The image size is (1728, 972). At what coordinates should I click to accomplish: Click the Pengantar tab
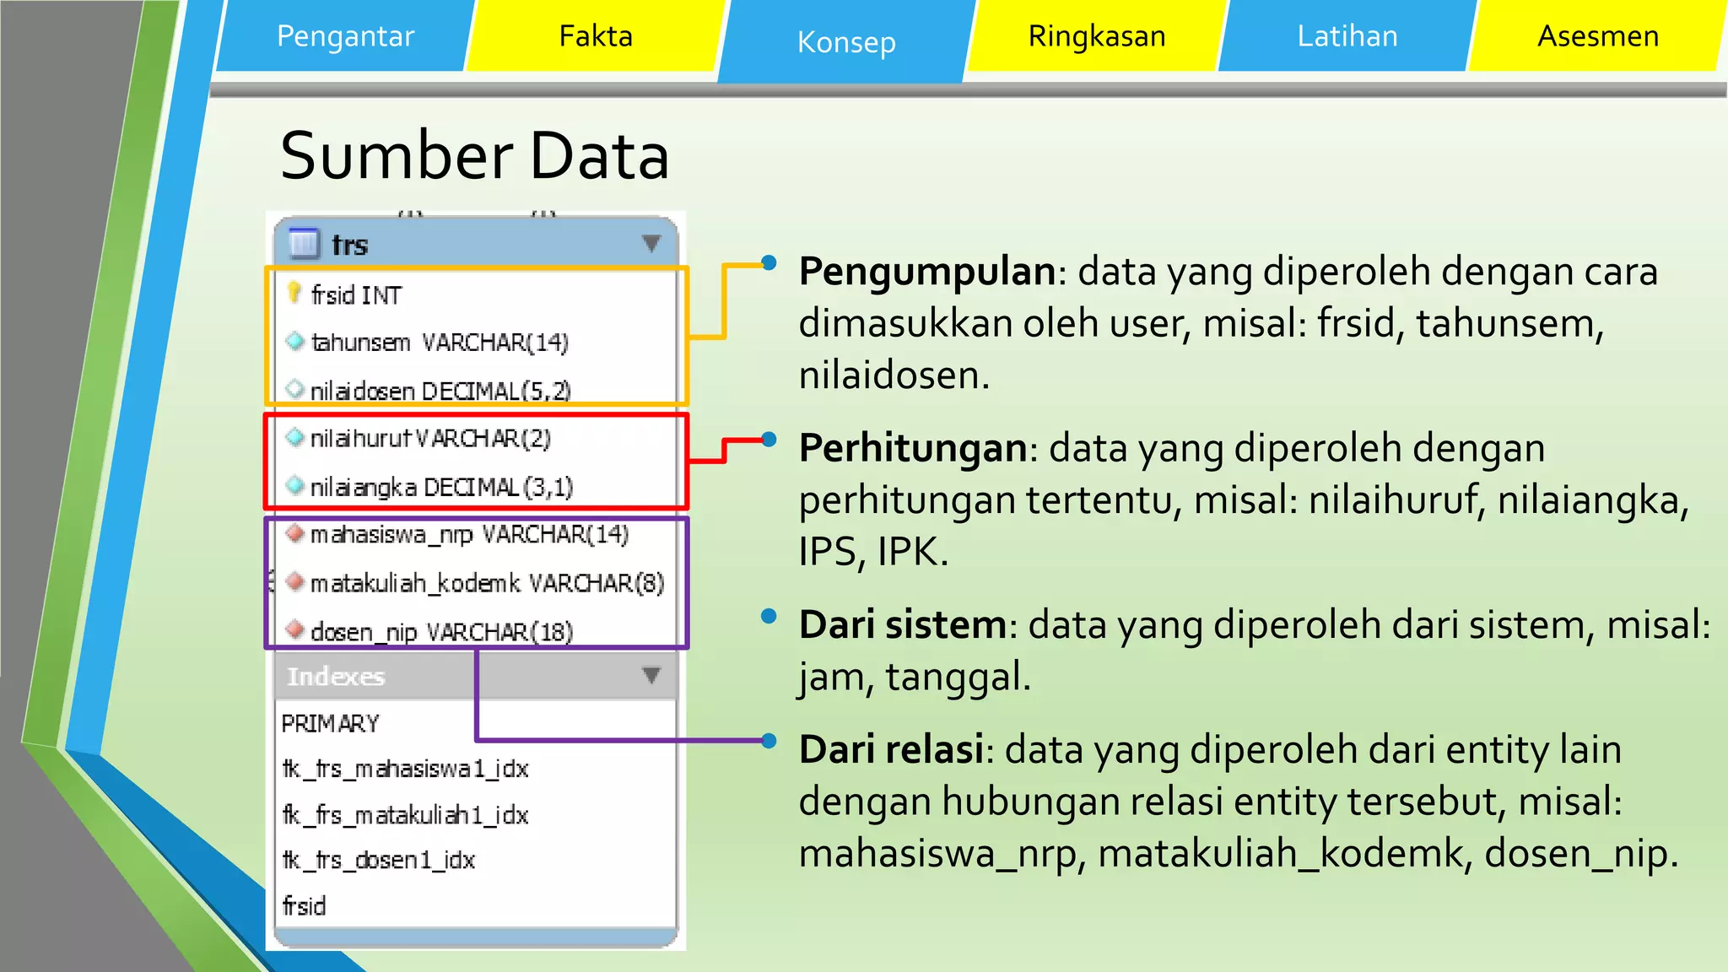pos(345,36)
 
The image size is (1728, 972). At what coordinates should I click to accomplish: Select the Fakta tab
pos(596,36)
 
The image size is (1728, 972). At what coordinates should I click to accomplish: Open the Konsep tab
pos(846,42)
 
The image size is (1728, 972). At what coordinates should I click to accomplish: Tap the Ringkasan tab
pos(1096,36)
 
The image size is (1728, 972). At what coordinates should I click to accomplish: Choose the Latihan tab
pos(1347,36)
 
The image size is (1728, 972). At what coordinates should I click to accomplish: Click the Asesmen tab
pos(1597,36)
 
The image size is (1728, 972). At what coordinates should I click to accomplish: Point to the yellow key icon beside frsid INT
pos(294,293)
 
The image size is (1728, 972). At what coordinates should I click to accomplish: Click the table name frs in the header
pos(349,246)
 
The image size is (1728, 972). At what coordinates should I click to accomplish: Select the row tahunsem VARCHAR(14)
pos(439,343)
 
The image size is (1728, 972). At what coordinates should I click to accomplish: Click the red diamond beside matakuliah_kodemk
pos(294,581)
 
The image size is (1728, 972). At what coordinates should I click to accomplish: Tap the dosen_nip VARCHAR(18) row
pos(440,632)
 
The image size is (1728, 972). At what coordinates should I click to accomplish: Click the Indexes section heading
pos(336,677)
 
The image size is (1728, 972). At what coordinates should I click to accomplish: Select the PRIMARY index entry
pos(330,723)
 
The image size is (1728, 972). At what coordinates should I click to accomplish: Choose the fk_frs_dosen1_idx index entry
pos(379,860)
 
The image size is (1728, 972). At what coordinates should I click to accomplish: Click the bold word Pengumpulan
pos(926,272)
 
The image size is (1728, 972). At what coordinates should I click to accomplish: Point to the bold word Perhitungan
pos(912,448)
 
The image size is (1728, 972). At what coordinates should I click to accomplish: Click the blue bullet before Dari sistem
pos(768,616)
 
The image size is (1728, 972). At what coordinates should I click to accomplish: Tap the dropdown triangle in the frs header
pos(651,244)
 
